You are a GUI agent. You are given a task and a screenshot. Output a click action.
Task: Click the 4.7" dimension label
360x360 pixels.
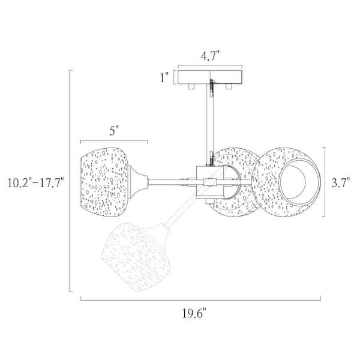pos(210,56)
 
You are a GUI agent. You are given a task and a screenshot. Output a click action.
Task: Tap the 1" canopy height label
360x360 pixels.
pos(164,77)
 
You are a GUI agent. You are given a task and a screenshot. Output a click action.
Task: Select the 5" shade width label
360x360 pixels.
pos(113,131)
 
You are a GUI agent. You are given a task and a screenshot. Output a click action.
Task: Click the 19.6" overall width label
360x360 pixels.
pos(194,313)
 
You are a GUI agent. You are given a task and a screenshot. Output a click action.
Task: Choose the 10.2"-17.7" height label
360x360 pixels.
pos(35,183)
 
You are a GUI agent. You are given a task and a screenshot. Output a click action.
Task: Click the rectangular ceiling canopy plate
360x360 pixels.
pos(210,77)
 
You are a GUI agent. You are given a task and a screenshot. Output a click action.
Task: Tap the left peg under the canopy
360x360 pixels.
pos(191,86)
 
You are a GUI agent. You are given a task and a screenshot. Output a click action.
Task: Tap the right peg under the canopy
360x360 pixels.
pos(229,86)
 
